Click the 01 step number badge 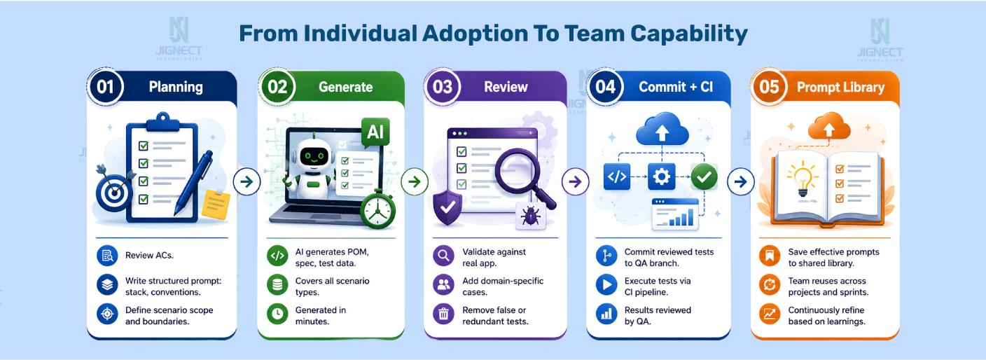[105, 87]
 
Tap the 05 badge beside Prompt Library [768, 87]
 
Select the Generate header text [345, 87]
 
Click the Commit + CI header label [676, 87]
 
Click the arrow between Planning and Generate [246, 181]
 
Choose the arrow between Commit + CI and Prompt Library [741, 181]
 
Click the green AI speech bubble [375, 132]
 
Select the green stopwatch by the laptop [377, 209]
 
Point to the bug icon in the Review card [530, 216]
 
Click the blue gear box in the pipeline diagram [661, 176]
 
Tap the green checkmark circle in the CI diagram [704, 176]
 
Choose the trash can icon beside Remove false [443, 314]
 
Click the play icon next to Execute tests [606, 285]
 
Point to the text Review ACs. [149, 255]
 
